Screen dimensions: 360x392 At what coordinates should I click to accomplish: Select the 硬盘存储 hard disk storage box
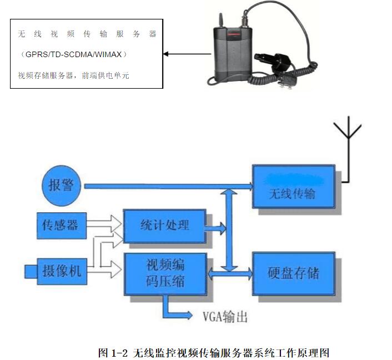pos(294,273)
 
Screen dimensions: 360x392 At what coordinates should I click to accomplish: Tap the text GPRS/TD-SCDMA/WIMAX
pos(73,54)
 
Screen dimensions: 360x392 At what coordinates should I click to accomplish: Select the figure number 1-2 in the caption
pos(120,352)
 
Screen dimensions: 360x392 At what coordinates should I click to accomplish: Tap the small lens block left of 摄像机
pos(31,271)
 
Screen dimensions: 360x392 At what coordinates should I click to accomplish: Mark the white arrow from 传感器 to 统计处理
pos(105,224)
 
